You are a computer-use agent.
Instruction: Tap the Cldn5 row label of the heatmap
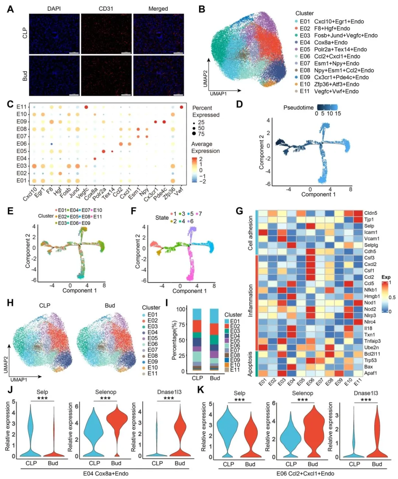[370, 213]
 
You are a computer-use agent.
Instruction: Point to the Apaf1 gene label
[370, 373]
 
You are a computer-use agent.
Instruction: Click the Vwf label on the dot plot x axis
[179, 191]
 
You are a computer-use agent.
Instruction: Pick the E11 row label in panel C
[22, 107]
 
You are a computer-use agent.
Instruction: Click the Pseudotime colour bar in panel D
[327, 107]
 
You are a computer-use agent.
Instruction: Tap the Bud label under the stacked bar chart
[215, 378]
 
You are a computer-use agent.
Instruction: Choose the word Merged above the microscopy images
[158, 8]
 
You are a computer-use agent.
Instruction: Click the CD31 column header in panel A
[106, 8]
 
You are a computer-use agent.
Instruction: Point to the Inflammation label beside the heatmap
[251, 300]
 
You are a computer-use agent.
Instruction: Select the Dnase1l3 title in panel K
[366, 393]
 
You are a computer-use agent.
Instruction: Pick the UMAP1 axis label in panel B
[219, 94]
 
